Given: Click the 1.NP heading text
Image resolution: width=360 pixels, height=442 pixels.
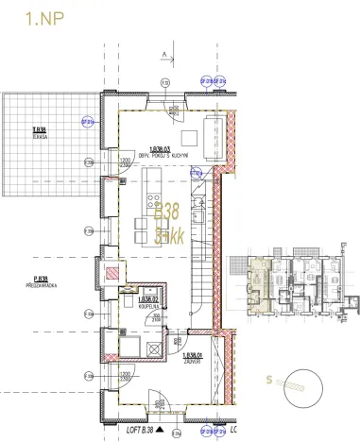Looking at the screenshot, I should click(x=31, y=18).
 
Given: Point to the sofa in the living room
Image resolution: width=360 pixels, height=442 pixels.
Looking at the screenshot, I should click(x=218, y=129).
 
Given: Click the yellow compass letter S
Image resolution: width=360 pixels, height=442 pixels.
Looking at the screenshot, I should click(x=270, y=381).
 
